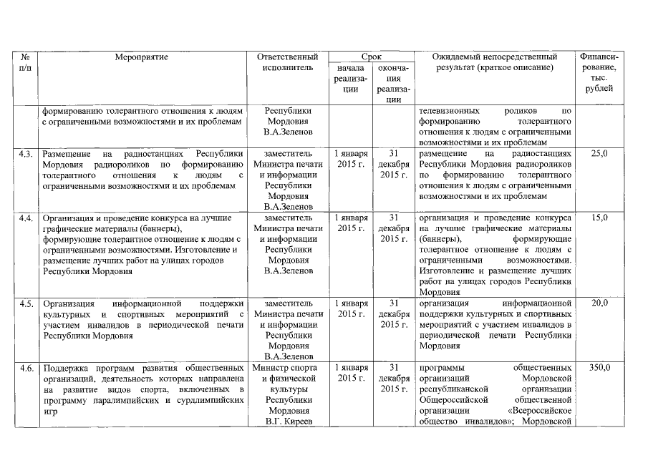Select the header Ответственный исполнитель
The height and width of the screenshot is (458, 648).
click(289, 62)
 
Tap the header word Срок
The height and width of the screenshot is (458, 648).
click(371, 57)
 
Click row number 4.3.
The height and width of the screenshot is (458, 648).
click(26, 154)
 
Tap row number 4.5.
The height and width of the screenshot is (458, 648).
click(26, 303)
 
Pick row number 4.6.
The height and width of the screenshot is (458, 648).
click(26, 368)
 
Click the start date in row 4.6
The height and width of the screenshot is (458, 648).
click(351, 373)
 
